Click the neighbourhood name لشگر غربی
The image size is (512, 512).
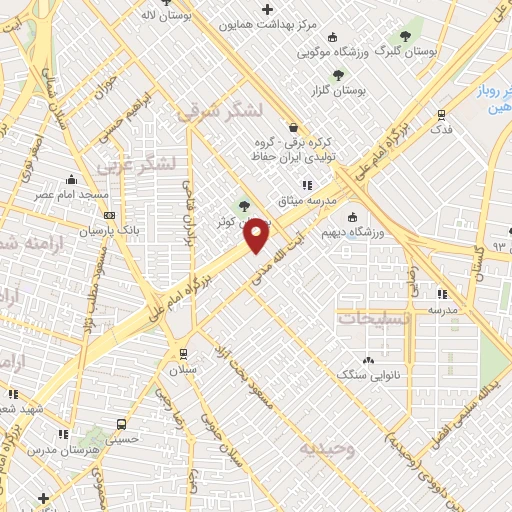pyautogui.click(x=139, y=162)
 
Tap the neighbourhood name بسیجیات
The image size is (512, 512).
pyautogui.click(x=372, y=318)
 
